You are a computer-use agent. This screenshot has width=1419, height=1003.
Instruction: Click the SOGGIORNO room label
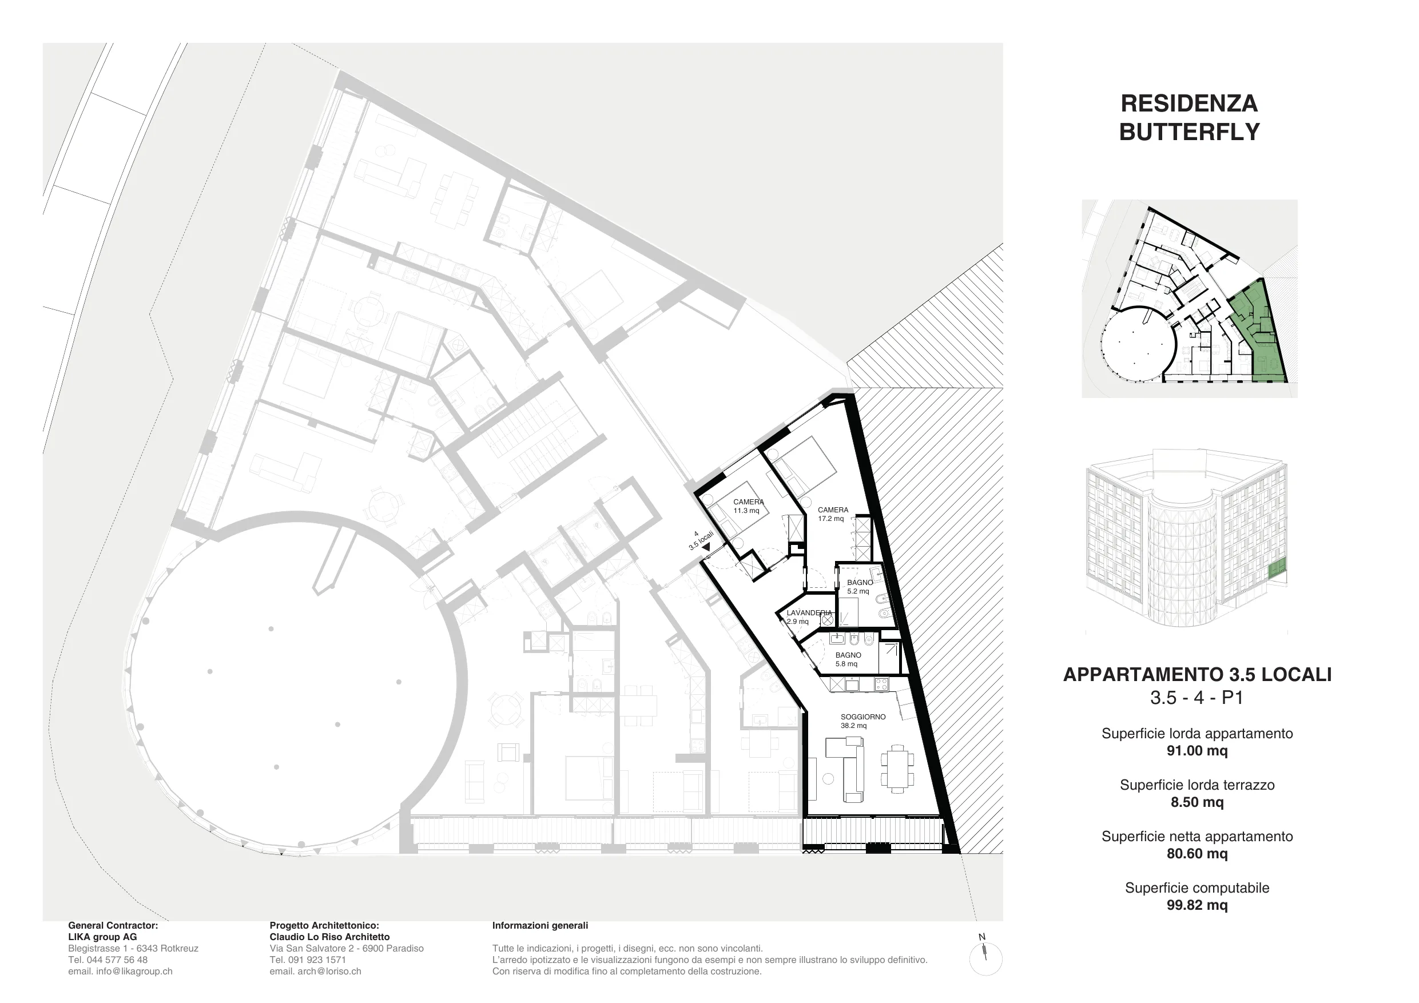pos(862,717)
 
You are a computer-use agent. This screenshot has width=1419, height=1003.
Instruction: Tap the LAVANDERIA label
pos(809,613)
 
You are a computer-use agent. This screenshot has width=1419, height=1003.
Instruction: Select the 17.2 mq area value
pos(830,519)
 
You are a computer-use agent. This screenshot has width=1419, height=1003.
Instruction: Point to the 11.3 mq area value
pos(746,511)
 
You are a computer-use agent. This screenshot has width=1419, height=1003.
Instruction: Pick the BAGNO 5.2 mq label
pos(860,587)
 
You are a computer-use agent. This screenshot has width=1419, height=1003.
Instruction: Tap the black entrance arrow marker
pos(706,547)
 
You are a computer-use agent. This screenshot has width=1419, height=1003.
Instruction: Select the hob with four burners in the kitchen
pos(881,684)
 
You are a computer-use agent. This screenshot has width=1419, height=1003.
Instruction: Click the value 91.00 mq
pos(1197,751)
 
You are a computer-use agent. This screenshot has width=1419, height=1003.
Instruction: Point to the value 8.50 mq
pos(1197,802)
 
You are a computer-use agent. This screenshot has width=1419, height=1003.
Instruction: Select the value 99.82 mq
pos(1197,905)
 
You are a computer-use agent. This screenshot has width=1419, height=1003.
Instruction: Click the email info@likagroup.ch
pos(120,971)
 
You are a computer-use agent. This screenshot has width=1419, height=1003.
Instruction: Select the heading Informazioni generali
pos(540,925)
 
